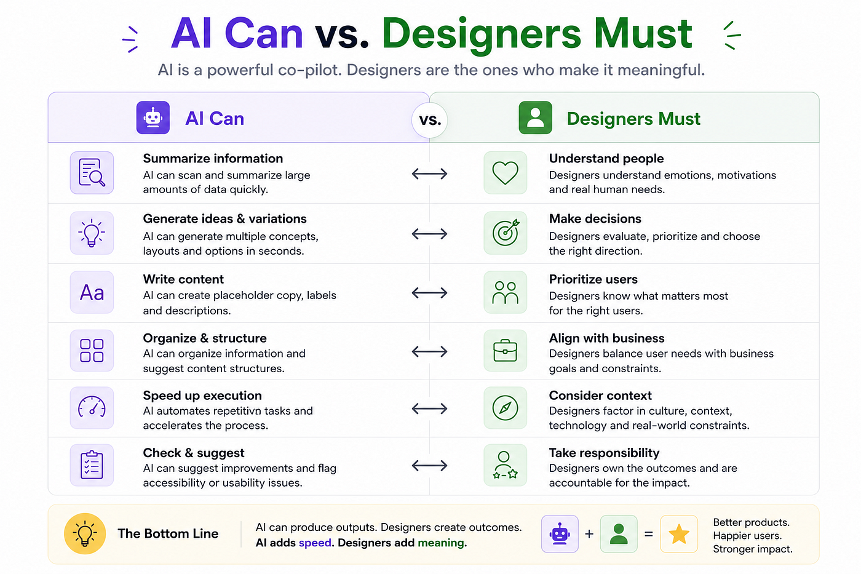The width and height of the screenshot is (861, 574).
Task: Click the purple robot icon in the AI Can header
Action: tap(153, 118)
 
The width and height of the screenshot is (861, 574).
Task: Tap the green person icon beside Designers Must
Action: tap(536, 118)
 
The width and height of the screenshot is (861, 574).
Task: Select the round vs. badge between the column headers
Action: tap(430, 120)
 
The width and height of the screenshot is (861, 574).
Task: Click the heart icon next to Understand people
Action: tap(505, 173)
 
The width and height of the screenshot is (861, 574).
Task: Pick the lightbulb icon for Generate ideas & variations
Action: tap(92, 233)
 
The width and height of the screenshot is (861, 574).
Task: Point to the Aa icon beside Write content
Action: tap(92, 293)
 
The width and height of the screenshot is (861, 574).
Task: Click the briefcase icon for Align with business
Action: tap(505, 350)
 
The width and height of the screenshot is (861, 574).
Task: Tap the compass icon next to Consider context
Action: tap(505, 408)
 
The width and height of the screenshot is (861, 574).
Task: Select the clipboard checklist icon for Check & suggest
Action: tap(92, 465)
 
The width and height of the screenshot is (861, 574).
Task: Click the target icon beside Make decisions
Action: tap(505, 233)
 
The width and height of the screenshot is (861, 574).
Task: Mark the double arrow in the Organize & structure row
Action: tap(429, 351)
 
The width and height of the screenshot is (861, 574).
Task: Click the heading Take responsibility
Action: tap(604, 453)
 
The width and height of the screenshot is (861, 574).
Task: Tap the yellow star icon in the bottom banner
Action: tap(679, 534)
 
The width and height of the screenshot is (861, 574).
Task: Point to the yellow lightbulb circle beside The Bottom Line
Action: tap(85, 533)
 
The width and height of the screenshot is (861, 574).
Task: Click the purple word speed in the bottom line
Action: tap(315, 543)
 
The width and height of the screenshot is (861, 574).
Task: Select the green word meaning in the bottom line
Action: tap(441, 543)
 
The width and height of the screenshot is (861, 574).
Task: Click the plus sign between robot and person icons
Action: tap(589, 534)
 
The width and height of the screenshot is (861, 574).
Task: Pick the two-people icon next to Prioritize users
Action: tap(505, 293)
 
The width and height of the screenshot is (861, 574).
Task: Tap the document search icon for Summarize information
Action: tap(92, 173)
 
